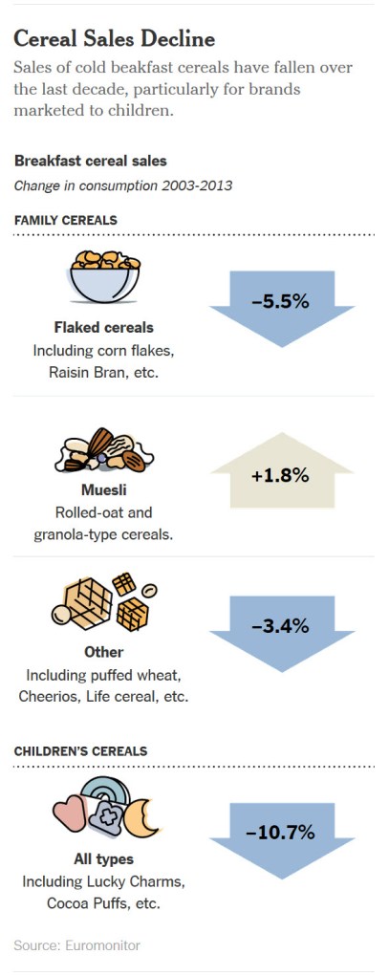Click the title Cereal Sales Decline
coord(115,39)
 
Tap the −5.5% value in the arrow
coord(280,301)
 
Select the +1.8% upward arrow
coord(280,474)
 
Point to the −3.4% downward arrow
coord(280,627)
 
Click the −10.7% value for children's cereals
coord(280,832)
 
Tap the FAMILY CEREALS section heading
coord(66,220)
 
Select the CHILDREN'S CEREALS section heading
coord(80,750)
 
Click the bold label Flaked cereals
coord(103,327)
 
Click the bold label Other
coord(103,652)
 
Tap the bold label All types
coord(103,858)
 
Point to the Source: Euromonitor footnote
coord(76,945)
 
